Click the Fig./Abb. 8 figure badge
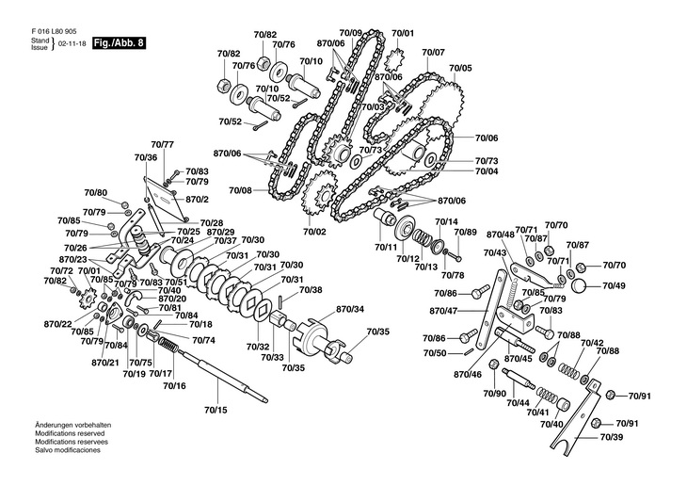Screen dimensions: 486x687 [x=119, y=43]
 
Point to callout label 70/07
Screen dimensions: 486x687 [x=433, y=52]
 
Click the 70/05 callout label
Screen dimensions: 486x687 [x=460, y=68]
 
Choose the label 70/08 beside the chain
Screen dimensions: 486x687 [x=241, y=190]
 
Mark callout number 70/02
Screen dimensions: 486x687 [x=314, y=232]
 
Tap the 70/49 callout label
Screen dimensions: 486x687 [x=615, y=284]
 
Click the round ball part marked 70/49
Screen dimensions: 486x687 [x=580, y=284]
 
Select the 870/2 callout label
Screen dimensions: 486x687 [x=197, y=200]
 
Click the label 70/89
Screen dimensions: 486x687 [x=466, y=232]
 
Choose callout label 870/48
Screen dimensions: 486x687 [x=500, y=234]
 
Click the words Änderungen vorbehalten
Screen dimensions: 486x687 [x=66, y=427]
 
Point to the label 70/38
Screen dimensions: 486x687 [x=311, y=289]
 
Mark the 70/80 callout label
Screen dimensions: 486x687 [x=96, y=192]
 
